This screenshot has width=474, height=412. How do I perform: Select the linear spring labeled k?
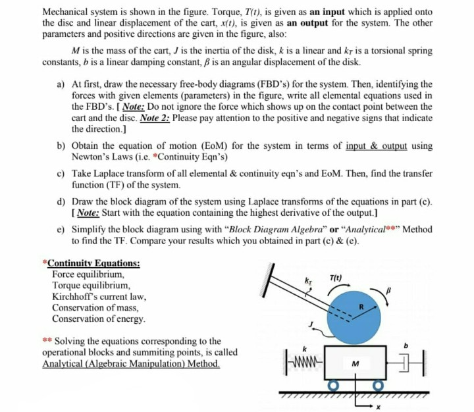coord(305,362)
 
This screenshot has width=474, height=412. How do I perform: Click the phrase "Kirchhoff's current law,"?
coord(99,297)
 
